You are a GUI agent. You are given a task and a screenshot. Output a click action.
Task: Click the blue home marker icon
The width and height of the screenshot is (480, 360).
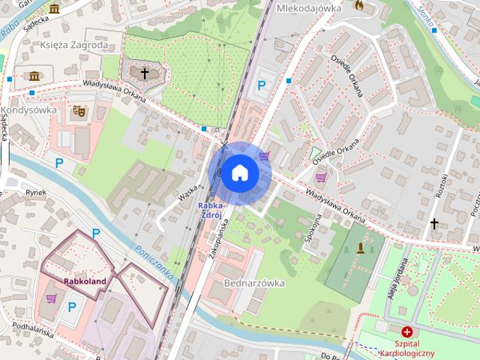[239, 172]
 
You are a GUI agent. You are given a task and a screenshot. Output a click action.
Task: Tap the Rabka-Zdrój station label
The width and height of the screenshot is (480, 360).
[210, 210]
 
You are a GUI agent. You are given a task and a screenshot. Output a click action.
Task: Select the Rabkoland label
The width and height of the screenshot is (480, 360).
[85, 282]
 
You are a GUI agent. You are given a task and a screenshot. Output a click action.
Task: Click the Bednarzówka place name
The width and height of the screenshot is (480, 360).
[254, 283]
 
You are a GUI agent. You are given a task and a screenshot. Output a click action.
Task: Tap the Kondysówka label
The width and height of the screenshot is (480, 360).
[29, 109]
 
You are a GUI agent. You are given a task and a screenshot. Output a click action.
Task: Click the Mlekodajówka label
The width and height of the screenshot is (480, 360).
[308, 8]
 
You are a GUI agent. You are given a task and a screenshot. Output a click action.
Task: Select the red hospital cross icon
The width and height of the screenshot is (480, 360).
[406, 331]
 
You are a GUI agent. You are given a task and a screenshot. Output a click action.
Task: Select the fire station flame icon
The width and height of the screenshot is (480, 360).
[358, 6]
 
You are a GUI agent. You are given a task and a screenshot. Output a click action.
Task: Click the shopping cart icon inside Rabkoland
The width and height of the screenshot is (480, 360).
[51, 298]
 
